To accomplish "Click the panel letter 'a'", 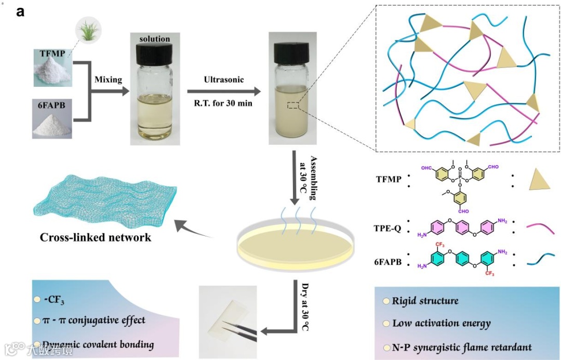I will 20,11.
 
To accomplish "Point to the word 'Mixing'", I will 108,80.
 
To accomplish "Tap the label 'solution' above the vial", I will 154,39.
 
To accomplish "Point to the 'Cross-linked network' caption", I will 96,237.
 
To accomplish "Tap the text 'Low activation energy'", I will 441,324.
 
